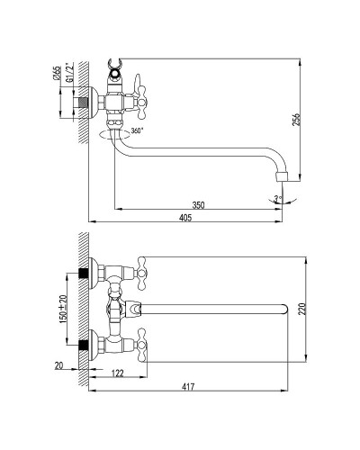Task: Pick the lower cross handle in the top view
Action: (x=140, y=346)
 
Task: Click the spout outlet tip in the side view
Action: (x=282, y=175)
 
